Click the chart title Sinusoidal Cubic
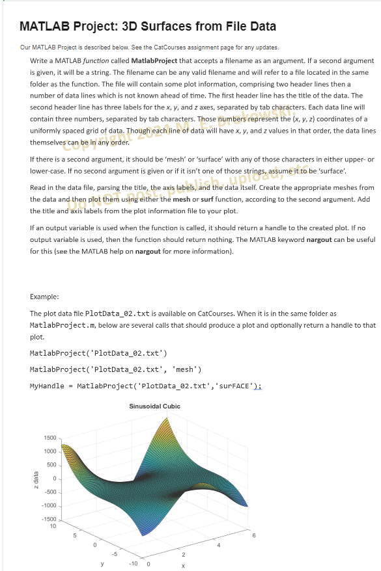click(x=154, y=406)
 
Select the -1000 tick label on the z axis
click(x=48, y=506)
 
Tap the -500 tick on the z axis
click(x=50, y=492)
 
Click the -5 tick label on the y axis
click(x=114, y=553)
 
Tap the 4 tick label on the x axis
click(x=218, y=545)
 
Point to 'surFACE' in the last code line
click(x=233, y=386)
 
